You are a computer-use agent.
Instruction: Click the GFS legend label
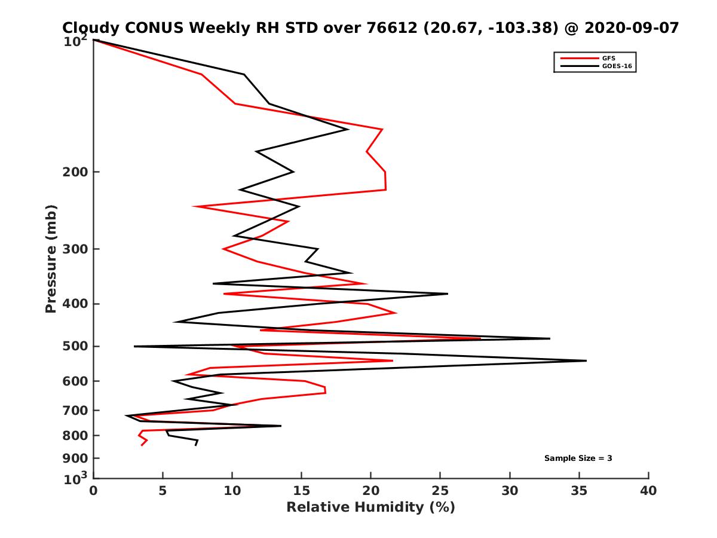click(608, 58)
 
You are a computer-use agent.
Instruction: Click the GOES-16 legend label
click(616, 66)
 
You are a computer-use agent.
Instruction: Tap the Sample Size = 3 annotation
click(578, 458)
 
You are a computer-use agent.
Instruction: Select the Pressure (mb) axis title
click(51, 258)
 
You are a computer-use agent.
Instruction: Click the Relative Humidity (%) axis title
click(370, 508)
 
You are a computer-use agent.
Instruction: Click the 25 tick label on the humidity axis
click(440, 491)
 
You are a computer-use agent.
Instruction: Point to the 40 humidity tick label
click(648, 491)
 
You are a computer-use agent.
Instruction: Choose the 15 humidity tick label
click(302, 491)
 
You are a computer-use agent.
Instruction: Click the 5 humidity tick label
click(163, 491)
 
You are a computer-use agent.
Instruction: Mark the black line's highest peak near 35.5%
click(586, 360)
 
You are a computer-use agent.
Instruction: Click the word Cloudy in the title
click(92, 28)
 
